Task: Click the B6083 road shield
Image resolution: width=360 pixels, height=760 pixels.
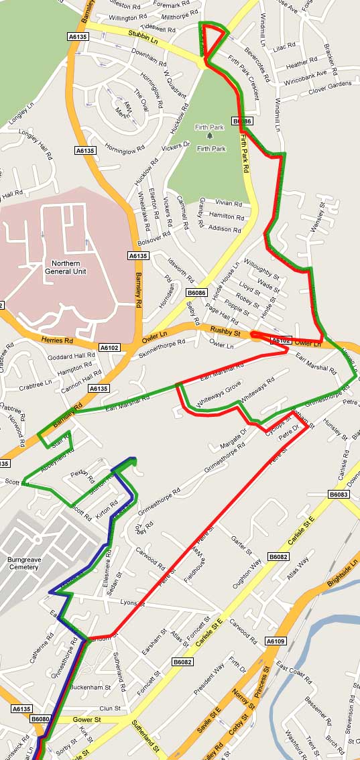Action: click(339, 495)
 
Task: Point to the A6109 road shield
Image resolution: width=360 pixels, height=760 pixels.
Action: click(276, 641)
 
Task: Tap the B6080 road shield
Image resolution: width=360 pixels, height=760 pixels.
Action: click(40, 719)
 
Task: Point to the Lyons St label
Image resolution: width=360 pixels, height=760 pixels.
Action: click(133, 603)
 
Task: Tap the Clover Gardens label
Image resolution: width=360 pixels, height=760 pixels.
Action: click(330, 84)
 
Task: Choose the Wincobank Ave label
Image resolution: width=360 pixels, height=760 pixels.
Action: click(314, 73)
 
